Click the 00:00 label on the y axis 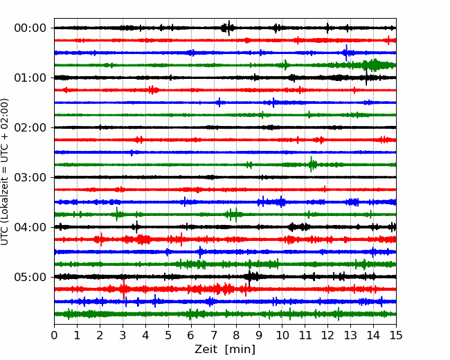[x=30, y=28]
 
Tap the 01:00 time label [x=30, y=78]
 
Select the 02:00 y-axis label [x=30, y=128]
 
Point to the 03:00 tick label [x=30, y=177]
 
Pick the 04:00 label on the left [x=30, y=227]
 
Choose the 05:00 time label [x=30, y=277]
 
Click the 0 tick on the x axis [x=54, y=335]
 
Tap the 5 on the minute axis [x=168, y=335]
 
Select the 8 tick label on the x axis [x=237, y=335]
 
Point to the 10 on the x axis [x=282, y=335]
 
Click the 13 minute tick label [x=350, y=335]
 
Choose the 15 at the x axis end [x=396, y=335]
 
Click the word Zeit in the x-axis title [x=206, y=350]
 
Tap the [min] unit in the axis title [x=240, y=350]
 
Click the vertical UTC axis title [x=5, y=172]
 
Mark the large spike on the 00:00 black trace [x=228, y=28]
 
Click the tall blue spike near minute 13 [x=346, y=53]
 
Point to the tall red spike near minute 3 [x=124, y=289]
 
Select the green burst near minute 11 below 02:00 [x=312, y=165]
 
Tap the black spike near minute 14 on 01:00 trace [x=366, y=78]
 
